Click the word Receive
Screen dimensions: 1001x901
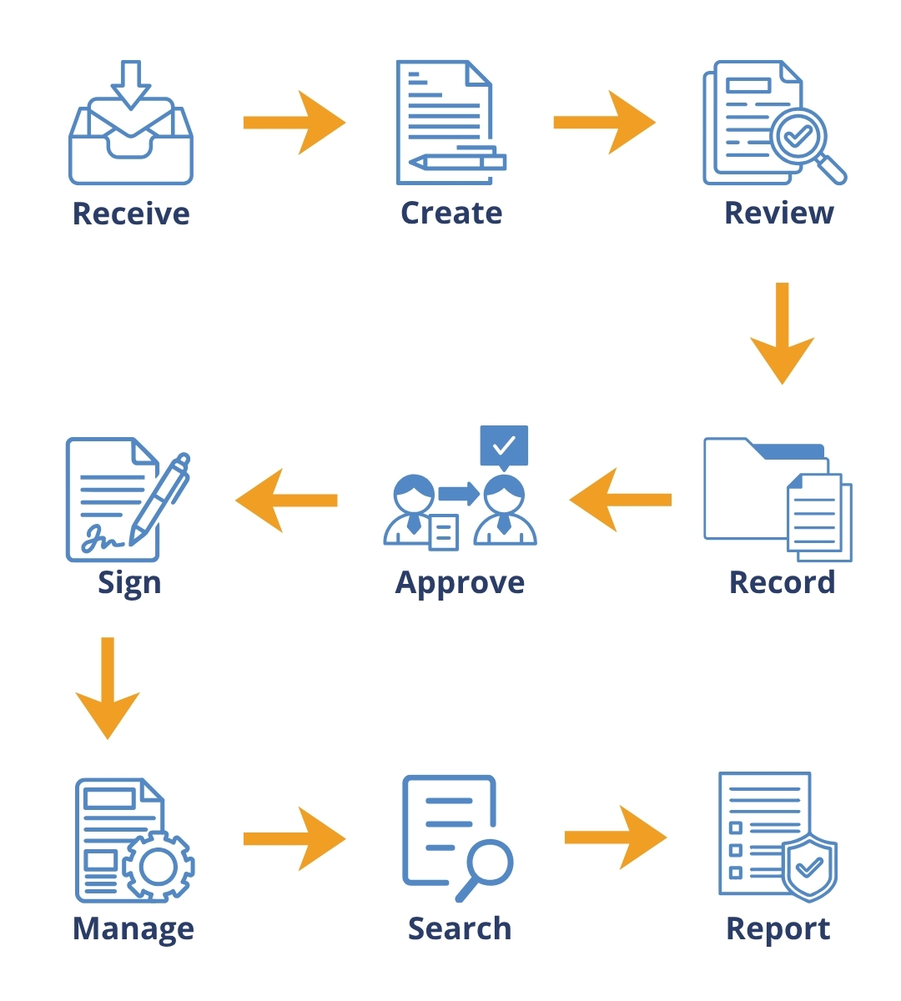131,214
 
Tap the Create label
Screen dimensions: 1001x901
451,213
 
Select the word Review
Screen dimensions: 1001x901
778,213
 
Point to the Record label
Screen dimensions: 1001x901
782,582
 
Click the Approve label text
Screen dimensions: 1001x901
460,583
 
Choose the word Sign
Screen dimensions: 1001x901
129,583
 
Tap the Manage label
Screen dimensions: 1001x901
133,928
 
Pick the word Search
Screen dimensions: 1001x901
460,928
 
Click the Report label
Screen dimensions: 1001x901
778,928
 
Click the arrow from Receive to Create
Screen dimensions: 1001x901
294,123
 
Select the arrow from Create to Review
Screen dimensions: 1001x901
605,123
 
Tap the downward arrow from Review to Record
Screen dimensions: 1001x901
782,333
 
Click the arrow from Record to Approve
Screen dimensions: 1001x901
621,500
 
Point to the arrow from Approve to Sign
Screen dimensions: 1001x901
287,500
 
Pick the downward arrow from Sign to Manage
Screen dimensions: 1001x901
108,687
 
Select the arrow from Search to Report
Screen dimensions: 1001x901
616,838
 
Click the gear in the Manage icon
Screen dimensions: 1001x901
158,867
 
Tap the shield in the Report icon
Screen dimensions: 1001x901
808,868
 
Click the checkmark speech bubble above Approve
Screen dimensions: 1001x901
504,446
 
